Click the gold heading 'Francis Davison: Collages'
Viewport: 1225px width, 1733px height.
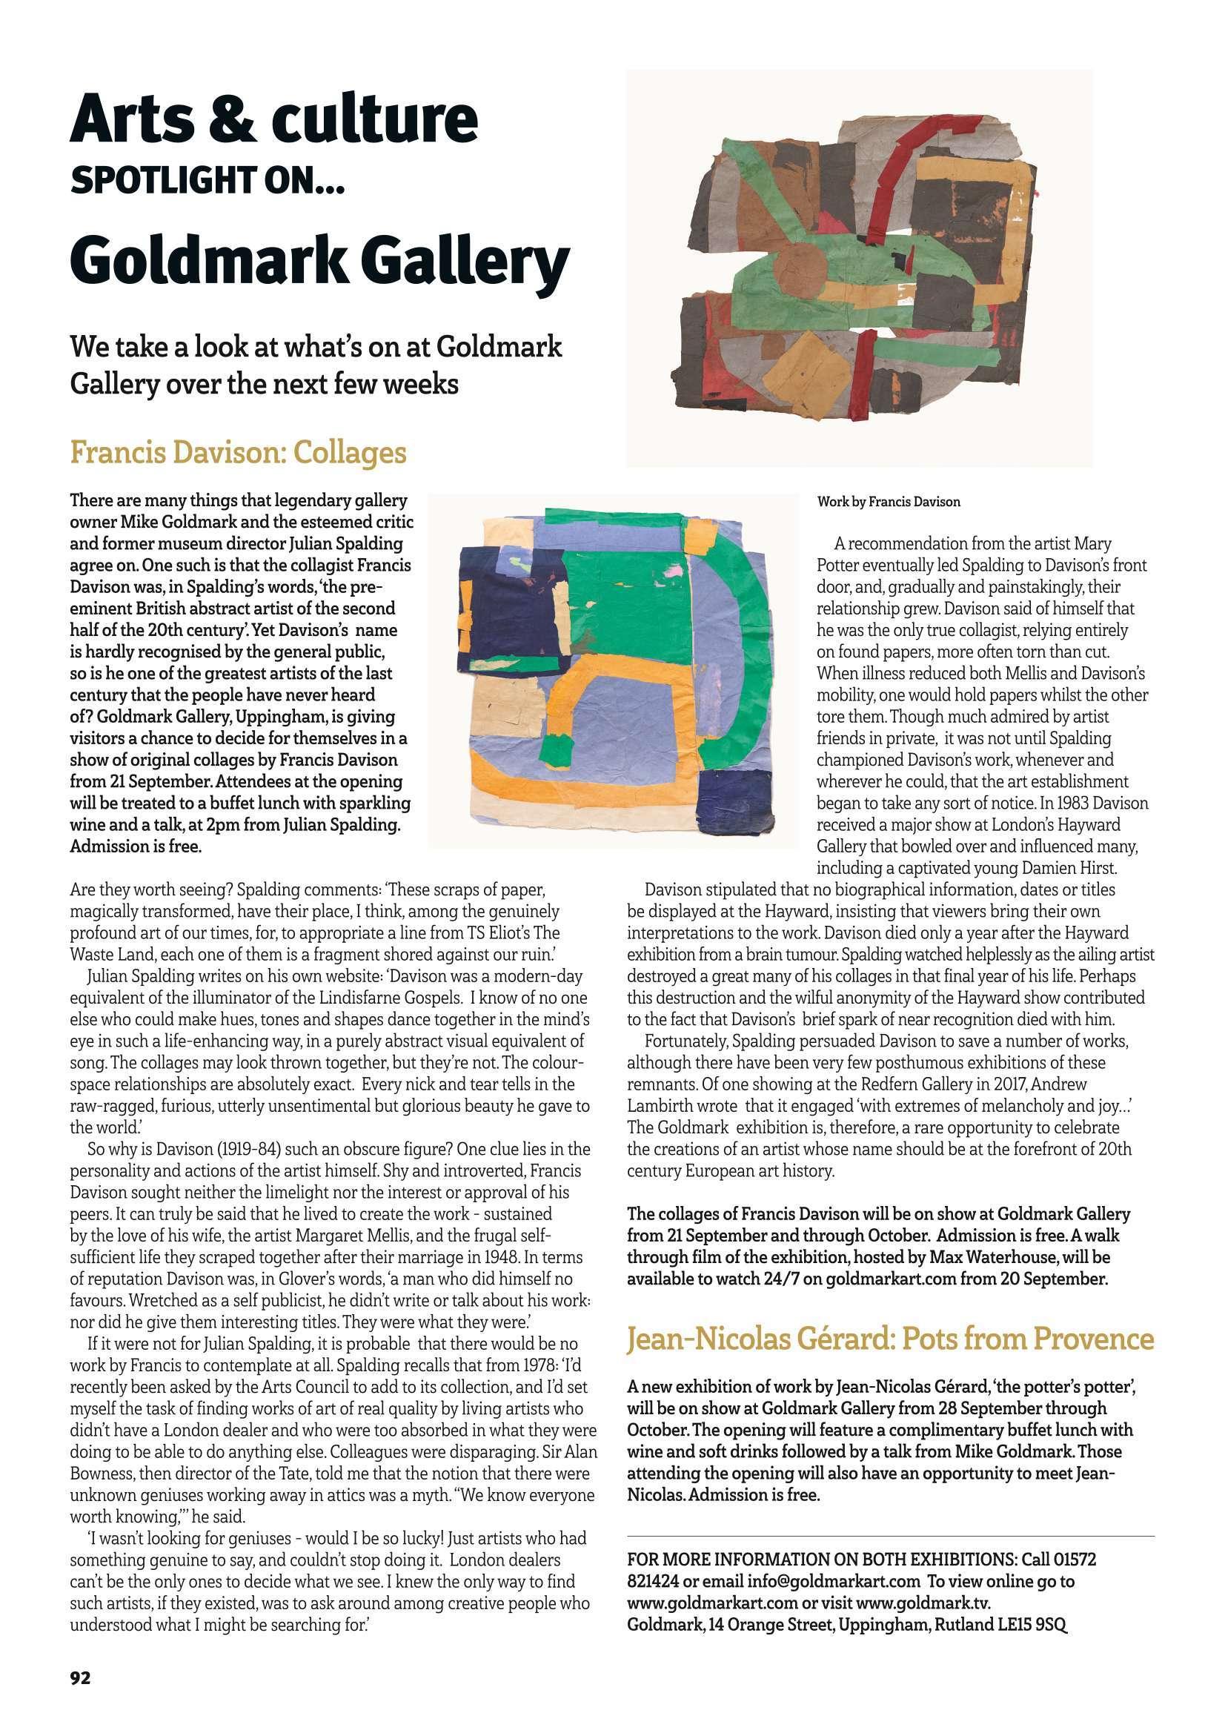coord(238,453)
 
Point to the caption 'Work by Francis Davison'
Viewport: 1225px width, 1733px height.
coord(889,502)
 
